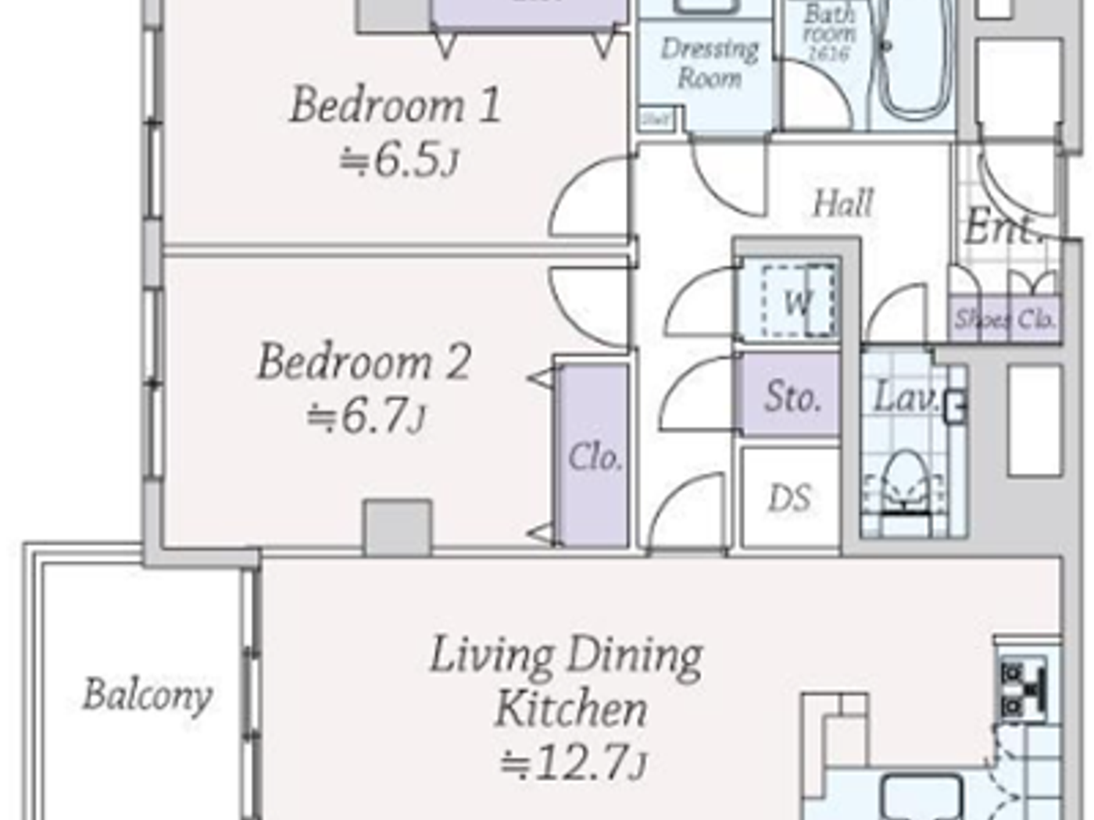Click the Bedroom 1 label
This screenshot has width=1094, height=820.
(395, 105)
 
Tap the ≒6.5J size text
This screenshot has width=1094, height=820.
(399, 161)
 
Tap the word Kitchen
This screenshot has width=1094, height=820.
(571, 709)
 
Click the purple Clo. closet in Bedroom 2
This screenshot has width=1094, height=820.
(595, 457)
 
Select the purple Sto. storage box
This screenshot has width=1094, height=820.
(791, 395)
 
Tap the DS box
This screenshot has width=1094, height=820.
(789, 498)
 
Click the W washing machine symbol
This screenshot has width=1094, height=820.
(797, 301)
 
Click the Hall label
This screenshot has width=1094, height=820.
(842, 204)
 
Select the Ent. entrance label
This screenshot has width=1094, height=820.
(1003, 228)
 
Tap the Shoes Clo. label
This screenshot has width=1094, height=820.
(1005, 319)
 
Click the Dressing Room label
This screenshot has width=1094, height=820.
(710, 63)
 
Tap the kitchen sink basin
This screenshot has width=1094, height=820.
(922, 797)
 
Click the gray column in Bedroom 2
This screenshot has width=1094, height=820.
(398, 528)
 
